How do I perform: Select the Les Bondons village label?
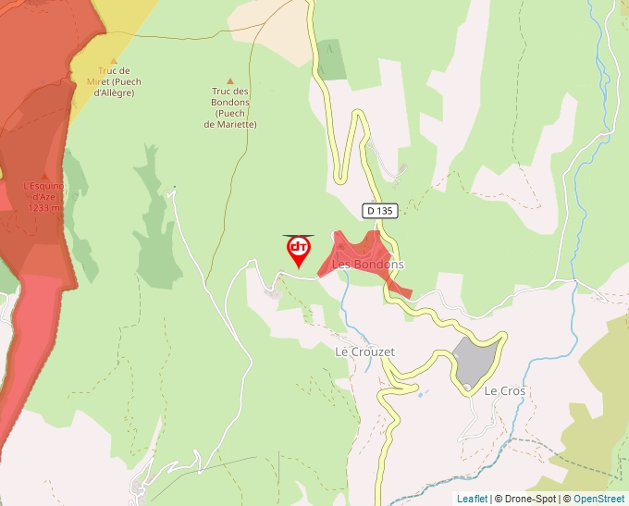point(367,265)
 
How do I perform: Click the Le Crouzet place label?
point(364,352)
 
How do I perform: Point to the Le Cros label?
point(505,391)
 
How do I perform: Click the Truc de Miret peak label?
point(113,81)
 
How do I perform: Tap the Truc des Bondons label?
point(230,107)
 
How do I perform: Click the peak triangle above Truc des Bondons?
point(230,81)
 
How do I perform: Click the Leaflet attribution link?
point(471,499)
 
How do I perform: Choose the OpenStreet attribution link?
point(598,499)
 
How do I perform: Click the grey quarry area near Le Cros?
point(477,359)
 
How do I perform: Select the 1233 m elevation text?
point(43,208)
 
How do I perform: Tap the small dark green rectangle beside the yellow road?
point(331,60)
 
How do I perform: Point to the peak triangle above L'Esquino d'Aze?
point(44,175)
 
